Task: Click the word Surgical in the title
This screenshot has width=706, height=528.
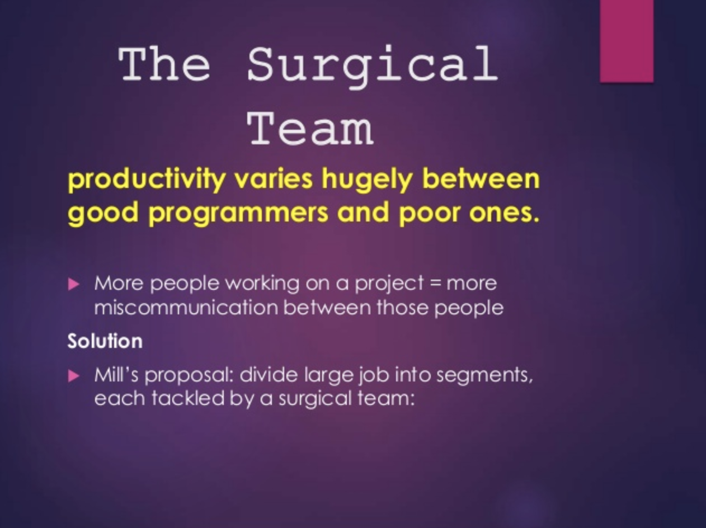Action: pyautogui.click(x=373, y=66)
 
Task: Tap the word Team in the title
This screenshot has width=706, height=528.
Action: pyautogui.click(x=310, y=129)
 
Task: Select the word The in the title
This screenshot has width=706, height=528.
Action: pyautogui.click(x=164, y=64)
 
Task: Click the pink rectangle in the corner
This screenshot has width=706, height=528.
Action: pyautogui.click(x=627, y=41)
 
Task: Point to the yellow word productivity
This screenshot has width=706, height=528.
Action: pyautogui.click(x=147, y=180)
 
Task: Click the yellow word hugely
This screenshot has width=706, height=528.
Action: pyautogui.click(x=367, y=180)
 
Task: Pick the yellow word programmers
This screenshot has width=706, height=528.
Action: pyautogui.click(x=238, y=214)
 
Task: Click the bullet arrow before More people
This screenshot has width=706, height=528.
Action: pyautogui.click(x=74, y=284)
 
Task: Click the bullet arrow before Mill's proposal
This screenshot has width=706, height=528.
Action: pyautogui.click(x=74, y=375)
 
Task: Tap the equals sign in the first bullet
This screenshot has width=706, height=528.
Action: pyautogui.click(x=435, y=284)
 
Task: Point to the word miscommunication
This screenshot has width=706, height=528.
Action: pyautogui.click(x=186, y=308)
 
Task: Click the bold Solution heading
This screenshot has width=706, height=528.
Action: pyautogui.click(x=105, y=341)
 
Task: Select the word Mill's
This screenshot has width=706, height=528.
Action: pyautogui.click(x=116, y=375)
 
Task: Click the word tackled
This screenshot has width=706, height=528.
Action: pyautogui.click(x=188, y=398)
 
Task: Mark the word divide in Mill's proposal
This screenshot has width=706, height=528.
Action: pyautogui.click(x=269, y=375)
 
